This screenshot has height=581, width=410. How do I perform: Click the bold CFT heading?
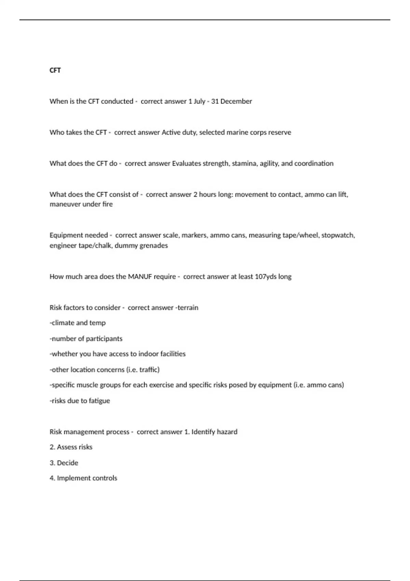[x=55, y=70]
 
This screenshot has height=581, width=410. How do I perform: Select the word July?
[x=199, y=102]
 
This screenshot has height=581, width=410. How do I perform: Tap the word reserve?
[x=280, y=132]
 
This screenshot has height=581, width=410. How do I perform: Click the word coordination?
[x=314, y=163]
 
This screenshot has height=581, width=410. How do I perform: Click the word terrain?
[x=188, y=308]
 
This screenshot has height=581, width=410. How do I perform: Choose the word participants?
[x=104, y=339]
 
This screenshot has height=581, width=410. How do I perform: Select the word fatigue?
[x=99, y=401]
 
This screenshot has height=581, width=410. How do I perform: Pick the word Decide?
[x=67, y=463]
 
